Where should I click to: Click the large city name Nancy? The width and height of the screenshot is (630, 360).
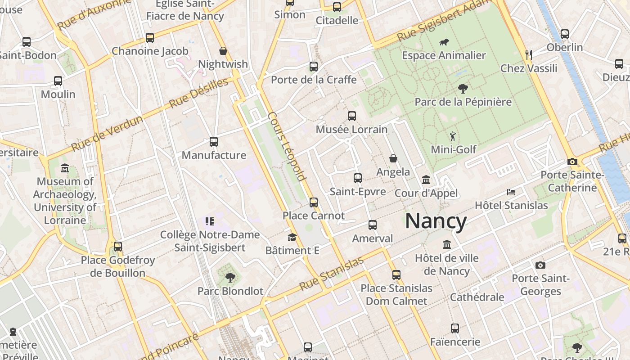[436, 221]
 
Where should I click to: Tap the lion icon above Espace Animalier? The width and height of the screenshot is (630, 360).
[444, 42]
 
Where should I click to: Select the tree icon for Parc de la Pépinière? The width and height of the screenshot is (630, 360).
[463, 88]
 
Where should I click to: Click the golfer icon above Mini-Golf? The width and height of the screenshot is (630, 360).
[453, 136]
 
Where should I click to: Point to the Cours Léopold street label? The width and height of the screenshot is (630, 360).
[287, 146]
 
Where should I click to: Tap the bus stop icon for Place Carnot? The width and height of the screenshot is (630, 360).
[314, 202]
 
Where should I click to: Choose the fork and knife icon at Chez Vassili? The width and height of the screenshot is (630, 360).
[529, 55]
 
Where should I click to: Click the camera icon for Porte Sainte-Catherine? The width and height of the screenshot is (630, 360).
[572, 162]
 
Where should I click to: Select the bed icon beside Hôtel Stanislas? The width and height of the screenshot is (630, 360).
[511, 192]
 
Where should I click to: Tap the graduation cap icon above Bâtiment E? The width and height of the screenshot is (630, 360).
[292, 237]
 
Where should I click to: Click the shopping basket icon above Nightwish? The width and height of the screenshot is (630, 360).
[223, 51]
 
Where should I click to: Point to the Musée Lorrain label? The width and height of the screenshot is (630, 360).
[351, 130]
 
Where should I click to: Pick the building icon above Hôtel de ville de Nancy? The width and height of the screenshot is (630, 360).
[447, 245]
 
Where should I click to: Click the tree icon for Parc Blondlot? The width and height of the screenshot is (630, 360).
[230, 278]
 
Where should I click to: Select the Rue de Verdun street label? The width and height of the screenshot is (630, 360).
[107, 134]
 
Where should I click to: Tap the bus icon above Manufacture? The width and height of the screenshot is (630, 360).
[214, 142]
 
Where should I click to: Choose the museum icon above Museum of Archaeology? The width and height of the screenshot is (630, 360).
[65, 168]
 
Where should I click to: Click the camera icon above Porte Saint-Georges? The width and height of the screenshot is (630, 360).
[540, 265]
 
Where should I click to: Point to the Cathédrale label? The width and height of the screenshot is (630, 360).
[477, 297]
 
